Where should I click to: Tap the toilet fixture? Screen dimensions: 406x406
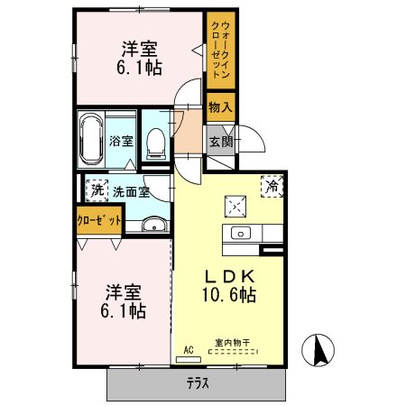pos(156,144)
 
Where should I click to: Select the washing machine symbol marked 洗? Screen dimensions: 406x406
pos(97,190)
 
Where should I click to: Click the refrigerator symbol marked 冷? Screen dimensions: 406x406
pos(272,187)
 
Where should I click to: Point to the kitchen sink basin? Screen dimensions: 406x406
pos(241,233)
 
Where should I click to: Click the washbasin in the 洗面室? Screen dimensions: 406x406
pos(154,225)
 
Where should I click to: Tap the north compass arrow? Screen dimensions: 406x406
pos(318,349)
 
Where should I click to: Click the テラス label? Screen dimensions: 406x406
pos(198,383)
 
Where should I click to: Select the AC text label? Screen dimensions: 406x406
pos(189,350)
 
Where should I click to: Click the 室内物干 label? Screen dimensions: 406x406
pos(233,343)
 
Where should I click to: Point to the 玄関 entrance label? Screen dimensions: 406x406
pos(221,142)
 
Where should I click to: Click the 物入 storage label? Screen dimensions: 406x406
pos(220,107)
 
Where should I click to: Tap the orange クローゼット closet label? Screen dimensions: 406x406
pos(99,221)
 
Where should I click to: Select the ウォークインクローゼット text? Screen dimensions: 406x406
pos(221,50)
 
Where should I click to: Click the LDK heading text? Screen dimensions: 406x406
pos(230,277)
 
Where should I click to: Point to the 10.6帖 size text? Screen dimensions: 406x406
pos(229,294)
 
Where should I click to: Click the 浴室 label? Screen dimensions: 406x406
pos(121,141)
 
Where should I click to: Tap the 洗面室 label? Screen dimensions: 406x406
pos(131,192)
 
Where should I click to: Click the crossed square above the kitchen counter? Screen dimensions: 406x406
pos(235,207)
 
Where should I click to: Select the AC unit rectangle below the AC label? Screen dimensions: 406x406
pos(189,359)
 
